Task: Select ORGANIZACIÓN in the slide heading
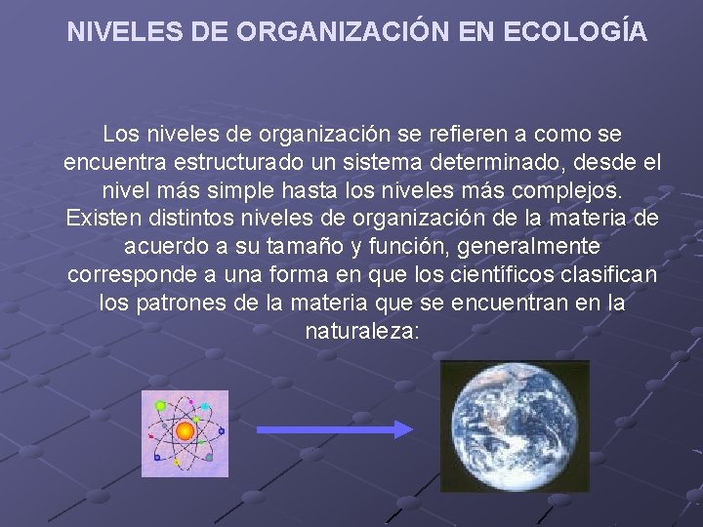[338, 31]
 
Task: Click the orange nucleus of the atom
[185, 431]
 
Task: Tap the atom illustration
[185, 433]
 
